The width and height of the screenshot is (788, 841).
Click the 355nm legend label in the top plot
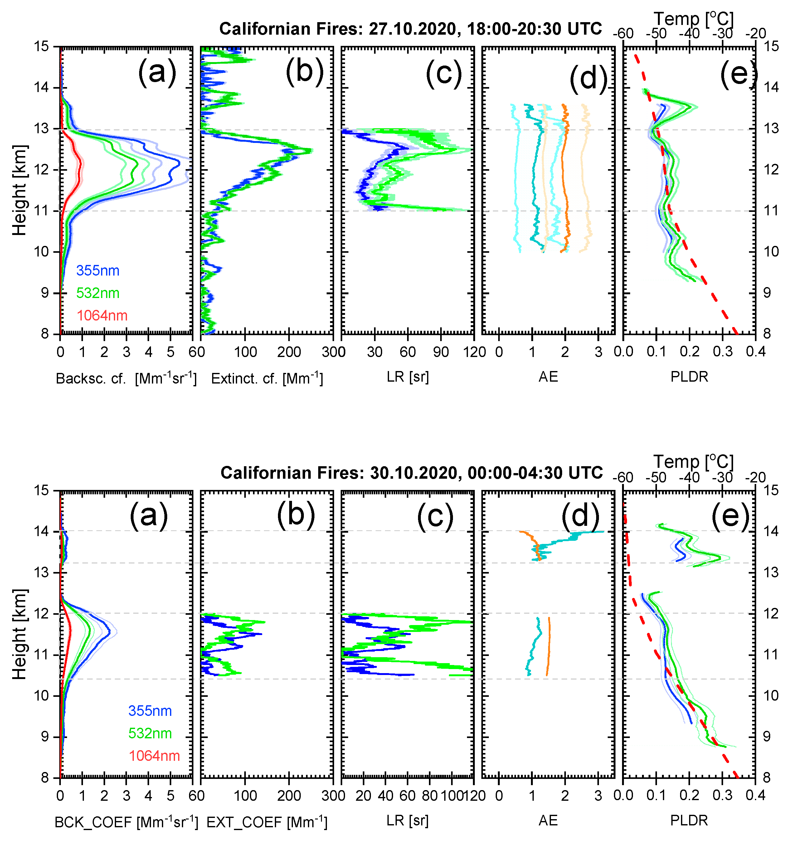[98, 271]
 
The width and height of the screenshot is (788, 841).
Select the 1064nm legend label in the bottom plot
[154, 755]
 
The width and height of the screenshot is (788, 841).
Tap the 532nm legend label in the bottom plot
[150, 733]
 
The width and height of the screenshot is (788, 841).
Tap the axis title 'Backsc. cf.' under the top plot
[91, 379]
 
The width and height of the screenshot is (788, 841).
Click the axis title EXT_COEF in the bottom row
[244, 822]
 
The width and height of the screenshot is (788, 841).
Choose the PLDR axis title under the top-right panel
[689, 377]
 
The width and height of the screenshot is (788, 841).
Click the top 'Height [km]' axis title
[19, 190]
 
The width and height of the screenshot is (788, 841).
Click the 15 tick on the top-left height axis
[41, 46]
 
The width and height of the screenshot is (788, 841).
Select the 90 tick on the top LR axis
[441, 352]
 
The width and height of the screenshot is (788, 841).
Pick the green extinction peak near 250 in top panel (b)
[311, 150]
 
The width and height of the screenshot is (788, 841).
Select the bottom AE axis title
[548, 821]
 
